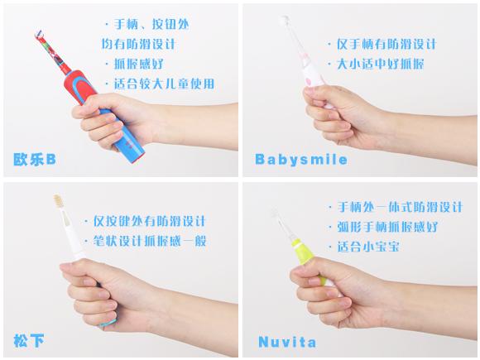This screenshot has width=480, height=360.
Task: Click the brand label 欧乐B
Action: click(x=35, y=160)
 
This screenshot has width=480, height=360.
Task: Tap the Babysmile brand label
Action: click(x=301, y=160)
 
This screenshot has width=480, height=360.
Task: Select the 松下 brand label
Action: click(x=29, y=341)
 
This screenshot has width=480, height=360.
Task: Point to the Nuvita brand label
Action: click(x=287, y=342)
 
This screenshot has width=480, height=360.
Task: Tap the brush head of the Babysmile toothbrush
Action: click(x=286, y=21)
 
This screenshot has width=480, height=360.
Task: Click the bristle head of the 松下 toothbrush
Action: click(x=58, y=200)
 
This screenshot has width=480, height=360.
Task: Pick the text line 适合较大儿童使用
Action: click(x=160, y=84)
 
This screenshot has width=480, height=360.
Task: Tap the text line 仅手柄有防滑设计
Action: click(x=382, y=44)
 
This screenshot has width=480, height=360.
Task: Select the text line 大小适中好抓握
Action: click(x=376, y=64)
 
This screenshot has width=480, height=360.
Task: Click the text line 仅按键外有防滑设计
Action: click(x=145, y=221)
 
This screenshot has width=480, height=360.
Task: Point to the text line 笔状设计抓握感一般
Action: click(x=146, y=241)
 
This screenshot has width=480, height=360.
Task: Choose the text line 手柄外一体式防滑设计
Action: click(x=396, y=207)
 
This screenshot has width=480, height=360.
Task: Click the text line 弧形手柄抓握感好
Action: click(x=383, y=227)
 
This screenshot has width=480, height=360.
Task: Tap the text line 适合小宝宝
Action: click(x=364, y=247)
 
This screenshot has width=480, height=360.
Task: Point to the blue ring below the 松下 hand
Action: click(x=108, y=323)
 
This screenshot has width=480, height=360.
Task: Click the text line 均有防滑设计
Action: click(x=138, y=44)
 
